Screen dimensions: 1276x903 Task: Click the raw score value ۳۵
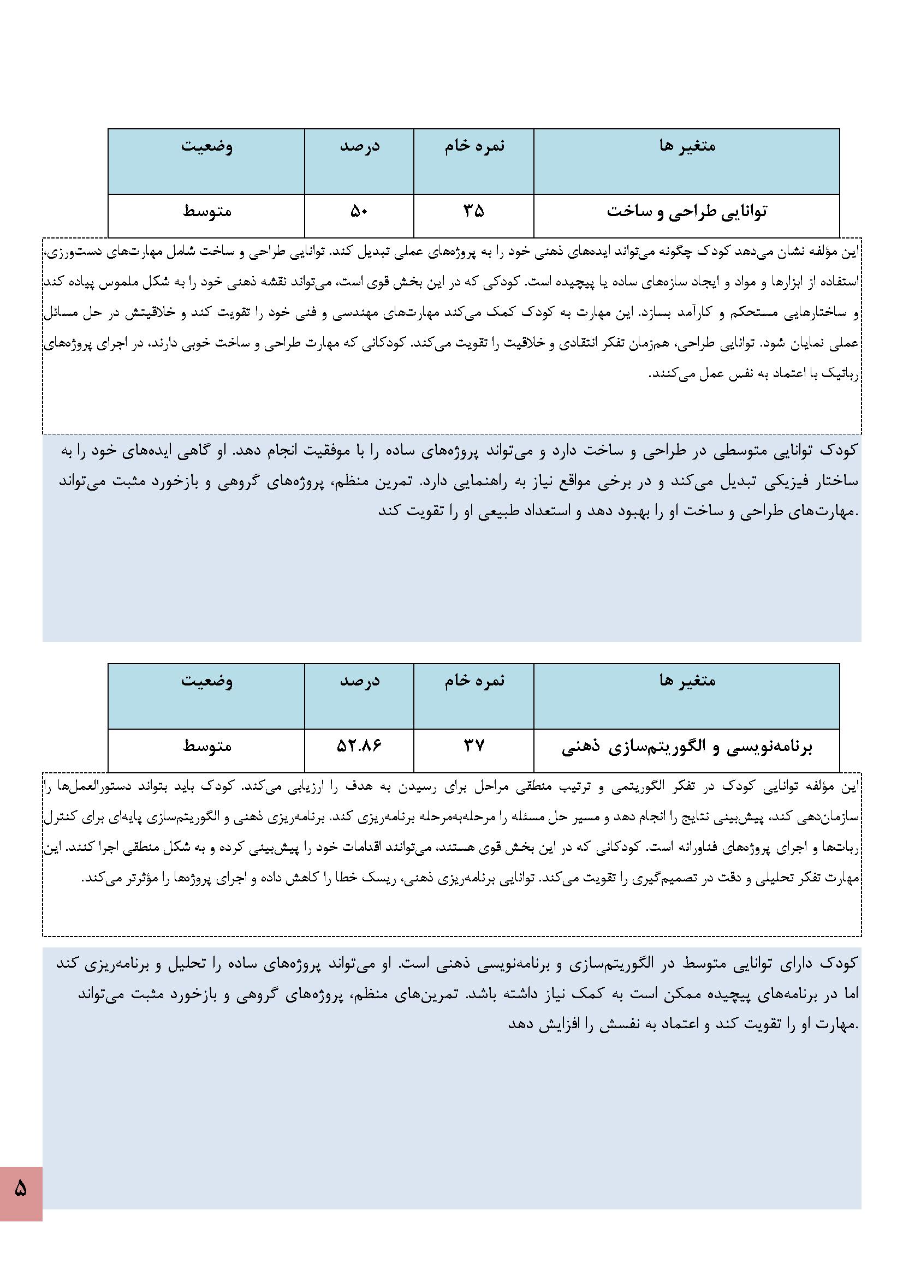tap(474, 212)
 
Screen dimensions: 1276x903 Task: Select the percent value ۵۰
tap(359, 212)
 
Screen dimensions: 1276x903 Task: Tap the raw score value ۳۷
tap(474, 746)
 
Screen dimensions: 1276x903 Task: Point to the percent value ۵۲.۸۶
tap(359, 746)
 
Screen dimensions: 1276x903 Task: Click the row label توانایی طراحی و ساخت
tap(687, 212)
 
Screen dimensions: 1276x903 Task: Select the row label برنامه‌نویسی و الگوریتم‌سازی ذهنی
tap(687, 748)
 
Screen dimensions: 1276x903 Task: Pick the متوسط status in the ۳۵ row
tap(207, 212)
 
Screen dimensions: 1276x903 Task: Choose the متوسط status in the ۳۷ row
tap(207, 746)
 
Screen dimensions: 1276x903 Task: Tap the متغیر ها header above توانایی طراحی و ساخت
tap(687, 146)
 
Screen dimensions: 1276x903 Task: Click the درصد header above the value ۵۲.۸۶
tap(359, 681)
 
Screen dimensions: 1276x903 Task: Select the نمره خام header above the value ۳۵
tap(474, 146)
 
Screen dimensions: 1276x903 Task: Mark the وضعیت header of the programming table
tap(207, 681)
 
